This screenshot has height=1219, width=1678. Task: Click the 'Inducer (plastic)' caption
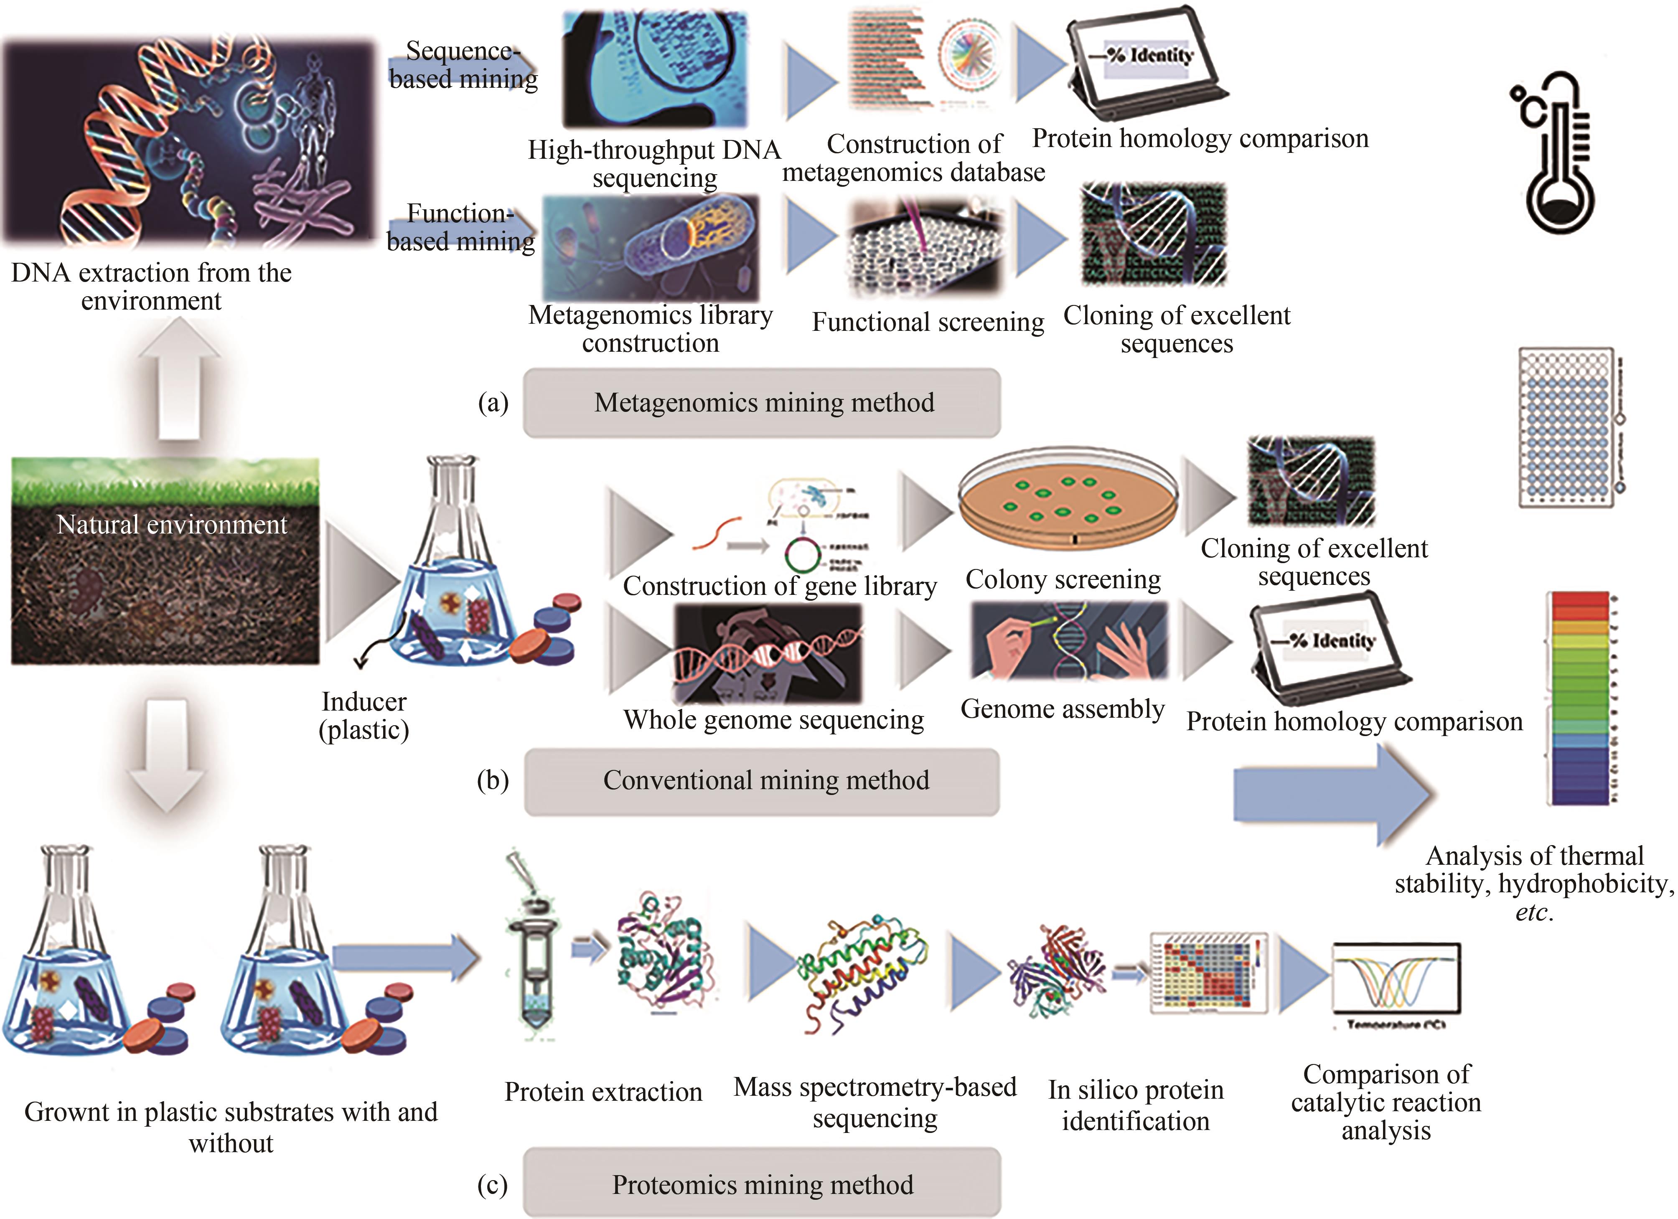click(x=364, y=715)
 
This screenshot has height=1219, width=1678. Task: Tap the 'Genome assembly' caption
click(x=1063, y=709)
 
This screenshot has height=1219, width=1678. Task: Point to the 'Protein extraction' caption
click(x=603, y=1092)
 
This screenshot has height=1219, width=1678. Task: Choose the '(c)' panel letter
click(x=493, y=1185)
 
